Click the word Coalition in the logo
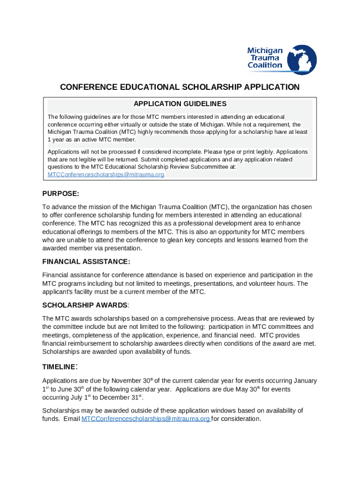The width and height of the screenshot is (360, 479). coord(265,65)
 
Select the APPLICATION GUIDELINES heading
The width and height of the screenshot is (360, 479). coord(180,104)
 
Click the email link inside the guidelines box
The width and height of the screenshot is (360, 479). coord(106,174)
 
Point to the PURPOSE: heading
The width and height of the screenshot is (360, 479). coord(61,194)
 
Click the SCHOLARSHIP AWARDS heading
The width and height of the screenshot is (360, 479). coord(85,305)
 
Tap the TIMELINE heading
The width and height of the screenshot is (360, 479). coord(59,367)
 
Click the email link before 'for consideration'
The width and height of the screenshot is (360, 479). coord(146,419)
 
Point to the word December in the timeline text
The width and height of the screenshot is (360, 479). coord(112,398)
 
